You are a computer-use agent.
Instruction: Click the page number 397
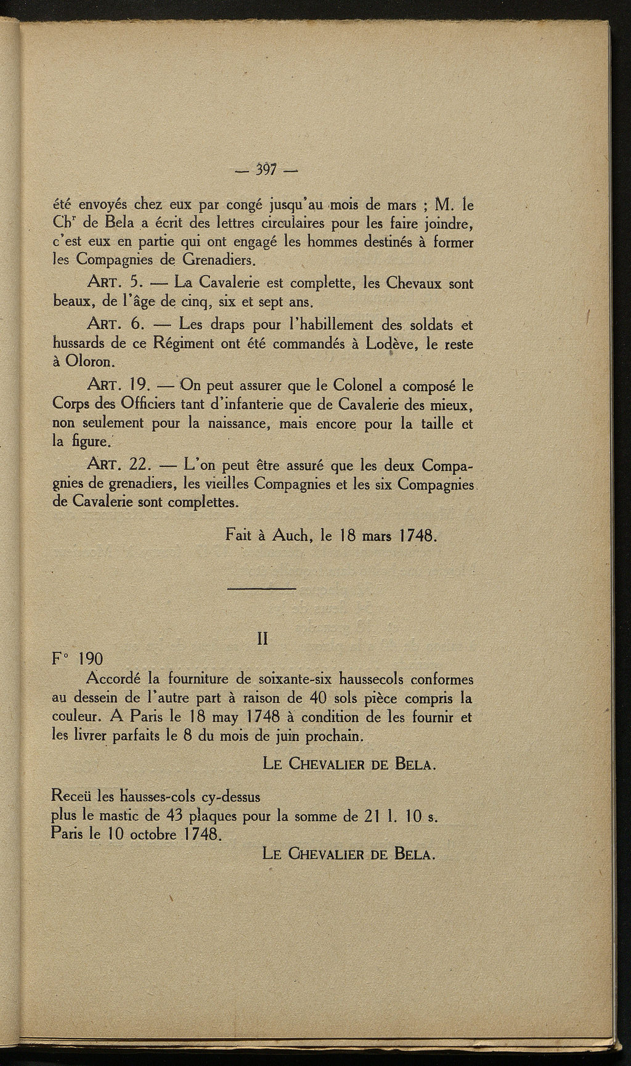pyautogui.click(x=266, y=169)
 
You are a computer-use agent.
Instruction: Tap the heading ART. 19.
pyautogui.click(x=120, y=386)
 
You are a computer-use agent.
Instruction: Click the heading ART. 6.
pyautogui.click(x=116, y=325)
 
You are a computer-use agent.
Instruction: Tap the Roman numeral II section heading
pyautogui.click(x=262, y=640)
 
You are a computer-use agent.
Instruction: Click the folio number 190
pyautogui.click(x=91, y=659)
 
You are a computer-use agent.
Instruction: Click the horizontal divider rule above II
pyautogui.click(x=262, y=590)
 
